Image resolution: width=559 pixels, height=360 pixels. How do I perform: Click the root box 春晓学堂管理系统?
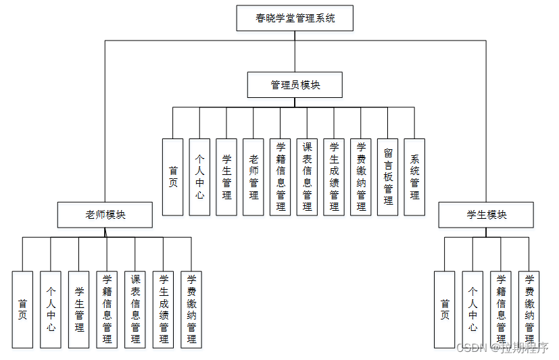point(295,18)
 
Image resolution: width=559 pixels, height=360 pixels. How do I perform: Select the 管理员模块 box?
point(295,85)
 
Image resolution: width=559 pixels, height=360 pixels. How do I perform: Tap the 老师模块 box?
point(105,215)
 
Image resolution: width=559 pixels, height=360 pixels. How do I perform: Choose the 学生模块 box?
point(486,215)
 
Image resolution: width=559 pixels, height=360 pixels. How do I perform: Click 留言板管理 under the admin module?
point(388,177)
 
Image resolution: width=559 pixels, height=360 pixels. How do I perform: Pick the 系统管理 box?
point(414,177)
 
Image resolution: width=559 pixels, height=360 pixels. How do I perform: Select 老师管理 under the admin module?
point(253,177)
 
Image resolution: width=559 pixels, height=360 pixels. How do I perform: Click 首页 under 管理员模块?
point(173,177)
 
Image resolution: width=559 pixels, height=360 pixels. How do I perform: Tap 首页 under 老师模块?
point(22,309)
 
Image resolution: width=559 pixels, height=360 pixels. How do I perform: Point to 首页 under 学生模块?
point(444,309)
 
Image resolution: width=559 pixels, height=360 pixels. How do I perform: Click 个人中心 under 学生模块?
point(472,309)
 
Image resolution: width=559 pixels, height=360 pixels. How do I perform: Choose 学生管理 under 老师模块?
point(79,309)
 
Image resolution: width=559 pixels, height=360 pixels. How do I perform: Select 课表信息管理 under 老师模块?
point(135,309)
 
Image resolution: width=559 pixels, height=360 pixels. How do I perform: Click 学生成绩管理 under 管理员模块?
point(334,177)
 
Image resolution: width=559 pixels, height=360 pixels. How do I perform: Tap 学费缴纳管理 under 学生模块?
point(529,309)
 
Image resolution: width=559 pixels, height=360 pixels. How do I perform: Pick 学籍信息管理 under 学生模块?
point(501,309)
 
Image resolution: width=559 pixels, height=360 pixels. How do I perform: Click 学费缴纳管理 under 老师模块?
point(191,309)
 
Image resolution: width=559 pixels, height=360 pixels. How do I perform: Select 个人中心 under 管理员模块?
point(199,177)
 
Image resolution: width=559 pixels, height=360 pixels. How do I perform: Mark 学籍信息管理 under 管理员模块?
point(281,177)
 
